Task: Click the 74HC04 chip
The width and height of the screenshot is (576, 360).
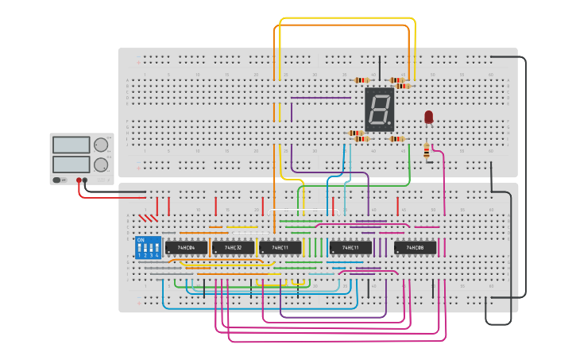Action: pos(187,248)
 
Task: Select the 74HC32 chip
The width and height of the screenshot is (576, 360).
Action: pos(233,248)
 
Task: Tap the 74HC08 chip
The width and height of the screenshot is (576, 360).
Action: pos(415,248)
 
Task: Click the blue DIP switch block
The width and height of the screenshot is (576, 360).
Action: pos(148,247)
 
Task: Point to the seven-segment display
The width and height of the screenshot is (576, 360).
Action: pos(380,110)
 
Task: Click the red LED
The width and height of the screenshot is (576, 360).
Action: pos(429,117)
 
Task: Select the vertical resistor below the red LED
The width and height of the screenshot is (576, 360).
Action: pos(427,151)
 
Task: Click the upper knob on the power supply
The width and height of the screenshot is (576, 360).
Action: pos(101,145)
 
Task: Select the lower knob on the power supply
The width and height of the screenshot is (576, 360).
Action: pos(101,165)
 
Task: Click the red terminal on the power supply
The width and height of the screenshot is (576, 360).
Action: pos(78,180)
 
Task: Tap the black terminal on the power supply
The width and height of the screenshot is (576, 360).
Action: pos(85,180)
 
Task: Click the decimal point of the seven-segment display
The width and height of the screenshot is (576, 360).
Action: pos(391,126)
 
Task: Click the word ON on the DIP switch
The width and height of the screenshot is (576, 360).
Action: pos(141,239)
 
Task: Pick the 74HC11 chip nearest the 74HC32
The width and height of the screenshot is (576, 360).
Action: pos(280,248)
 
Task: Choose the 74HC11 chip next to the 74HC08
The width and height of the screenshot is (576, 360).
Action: pos(350,248)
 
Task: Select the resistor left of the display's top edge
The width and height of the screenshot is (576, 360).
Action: pos(362,80)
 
